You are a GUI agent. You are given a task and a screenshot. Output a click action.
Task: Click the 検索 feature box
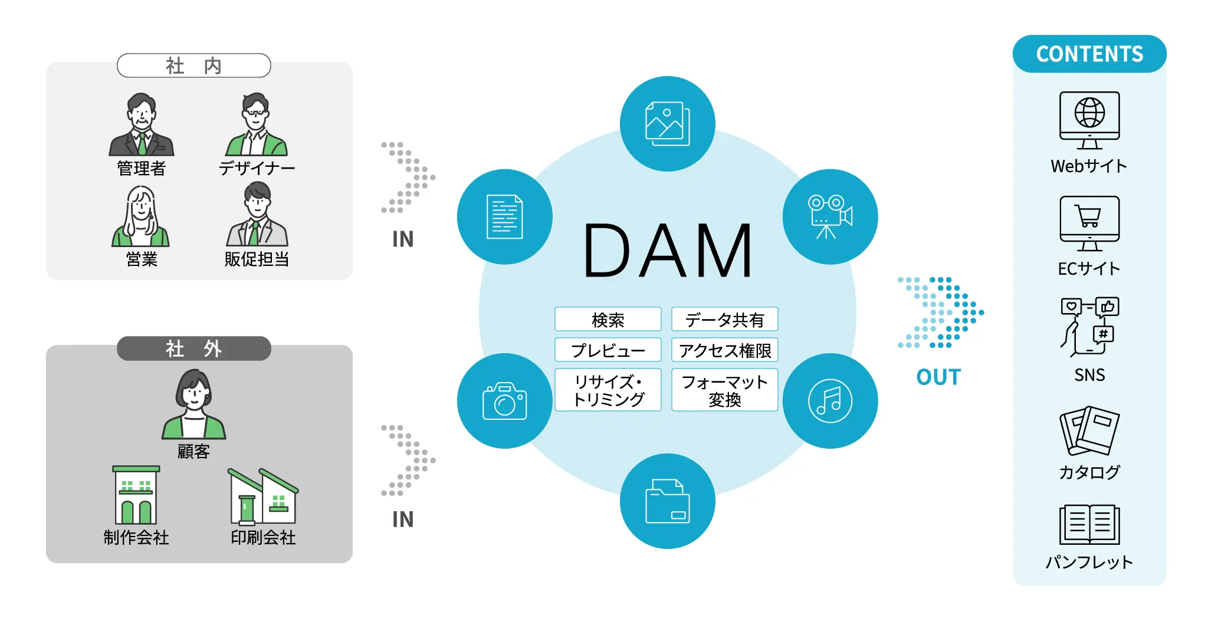(x=608, y=320)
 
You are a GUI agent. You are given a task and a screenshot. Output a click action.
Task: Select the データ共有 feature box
(x=724, y=320)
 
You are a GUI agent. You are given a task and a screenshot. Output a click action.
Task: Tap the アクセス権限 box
(x=724, y=350)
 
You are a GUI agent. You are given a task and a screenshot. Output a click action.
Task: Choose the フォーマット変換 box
(x=724, y=390)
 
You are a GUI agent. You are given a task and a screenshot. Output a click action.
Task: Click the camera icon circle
(x=504, y=401)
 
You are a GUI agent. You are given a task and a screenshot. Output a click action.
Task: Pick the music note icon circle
(x=830, y=401)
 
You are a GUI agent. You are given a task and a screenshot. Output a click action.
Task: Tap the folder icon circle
(x=667, y=501)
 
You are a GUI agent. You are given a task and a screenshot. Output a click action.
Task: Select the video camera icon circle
(x=830, y=217)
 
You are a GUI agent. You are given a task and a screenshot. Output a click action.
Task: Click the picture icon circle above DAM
(x=667, y=124)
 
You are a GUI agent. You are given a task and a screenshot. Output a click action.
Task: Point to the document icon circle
(x=504, y=217)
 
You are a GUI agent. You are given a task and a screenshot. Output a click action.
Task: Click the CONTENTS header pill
(x=1089, y=54)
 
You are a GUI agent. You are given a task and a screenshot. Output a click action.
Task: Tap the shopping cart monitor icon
(x=1089, y=223)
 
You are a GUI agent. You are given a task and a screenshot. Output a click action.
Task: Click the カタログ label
(x=1089, y=472)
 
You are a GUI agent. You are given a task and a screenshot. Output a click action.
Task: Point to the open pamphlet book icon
(x=1089, y=525)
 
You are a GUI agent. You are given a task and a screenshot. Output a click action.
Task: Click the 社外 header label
(x=193, y=348)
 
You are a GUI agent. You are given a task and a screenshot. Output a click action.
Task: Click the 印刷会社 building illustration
(x=263, y=496)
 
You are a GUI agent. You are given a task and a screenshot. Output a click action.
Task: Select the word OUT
(x=938, y=377)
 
